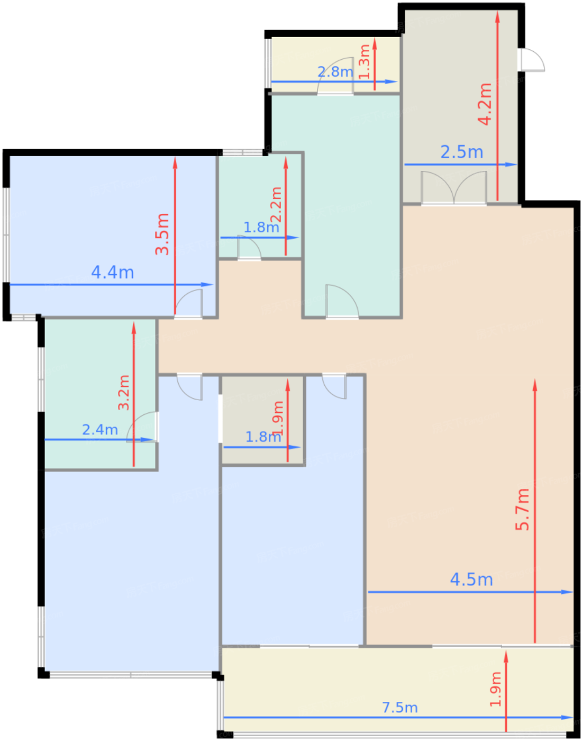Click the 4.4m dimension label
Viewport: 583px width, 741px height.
coord(113,273)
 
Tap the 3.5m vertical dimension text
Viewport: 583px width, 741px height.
coord(162,234)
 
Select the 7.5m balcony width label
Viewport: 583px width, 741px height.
coord(400,708)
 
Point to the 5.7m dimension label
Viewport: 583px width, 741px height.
coord(522,509)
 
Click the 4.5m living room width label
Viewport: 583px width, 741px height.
coord(471,580)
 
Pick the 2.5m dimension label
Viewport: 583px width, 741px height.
coord(462,152)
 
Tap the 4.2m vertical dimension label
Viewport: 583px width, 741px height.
coord(485,104)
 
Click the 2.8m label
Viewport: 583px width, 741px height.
coord(335,72)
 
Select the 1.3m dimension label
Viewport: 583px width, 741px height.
coord(364,61)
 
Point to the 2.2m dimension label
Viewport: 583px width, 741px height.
coord(276,204)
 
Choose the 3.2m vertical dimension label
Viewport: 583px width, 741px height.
coord(124,393)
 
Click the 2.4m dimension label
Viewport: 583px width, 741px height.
coord(100,430)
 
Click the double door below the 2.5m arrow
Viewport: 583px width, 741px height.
coord(453,188)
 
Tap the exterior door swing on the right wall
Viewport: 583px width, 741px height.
coord(533,60)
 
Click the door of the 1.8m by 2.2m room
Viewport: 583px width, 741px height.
coord(249,247)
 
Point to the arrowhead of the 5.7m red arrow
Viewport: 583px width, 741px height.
coord(535,385)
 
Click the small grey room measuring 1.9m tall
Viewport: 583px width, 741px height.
coord(262,420)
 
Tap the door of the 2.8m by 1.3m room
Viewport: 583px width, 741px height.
coord(335,76)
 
